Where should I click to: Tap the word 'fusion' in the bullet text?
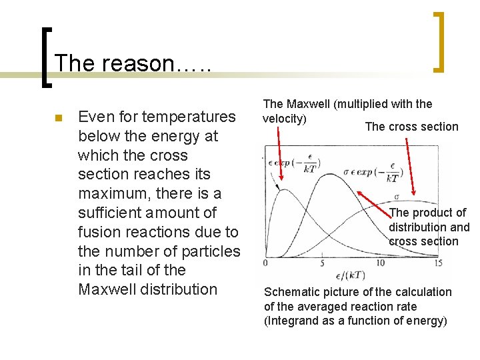[x=104, y=232]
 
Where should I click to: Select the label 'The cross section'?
[x=411, y=127]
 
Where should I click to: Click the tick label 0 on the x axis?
[x=265, y=263]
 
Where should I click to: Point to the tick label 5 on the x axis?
[x=322, y=263]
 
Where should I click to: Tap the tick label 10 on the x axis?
[x=380, y=263]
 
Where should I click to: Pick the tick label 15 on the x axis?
[x=437, y=263]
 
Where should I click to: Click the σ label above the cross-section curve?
[x=397, y=197]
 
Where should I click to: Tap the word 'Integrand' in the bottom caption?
[x=291, y=321]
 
